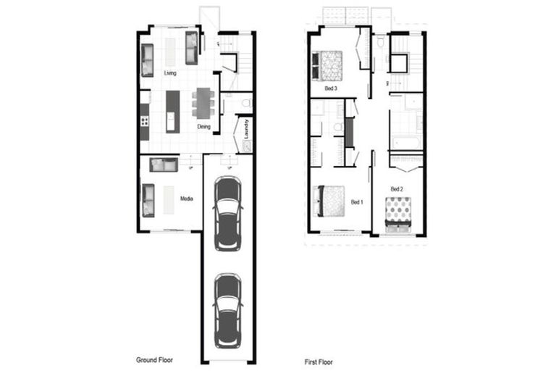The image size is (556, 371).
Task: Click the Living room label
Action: coord(170,73)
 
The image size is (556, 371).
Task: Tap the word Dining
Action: coord(204,127)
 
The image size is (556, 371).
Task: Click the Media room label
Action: coord(187,198)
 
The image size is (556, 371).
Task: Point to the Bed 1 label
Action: coord(356,202)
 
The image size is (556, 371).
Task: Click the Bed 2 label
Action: coord(397,189)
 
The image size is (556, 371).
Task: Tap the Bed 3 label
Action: coord(331,88)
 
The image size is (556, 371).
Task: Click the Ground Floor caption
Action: coord(155,359)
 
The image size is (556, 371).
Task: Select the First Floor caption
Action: coord(319,360)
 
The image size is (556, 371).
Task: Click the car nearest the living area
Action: coord(228,213)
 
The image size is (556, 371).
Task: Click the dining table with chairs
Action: coord(203,102)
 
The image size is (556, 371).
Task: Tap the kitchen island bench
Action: coord(172,111)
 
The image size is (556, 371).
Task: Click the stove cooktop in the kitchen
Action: coord(145,120)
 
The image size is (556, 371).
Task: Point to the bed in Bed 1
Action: coord(329,201)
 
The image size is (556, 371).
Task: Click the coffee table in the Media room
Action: coord(169,200)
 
